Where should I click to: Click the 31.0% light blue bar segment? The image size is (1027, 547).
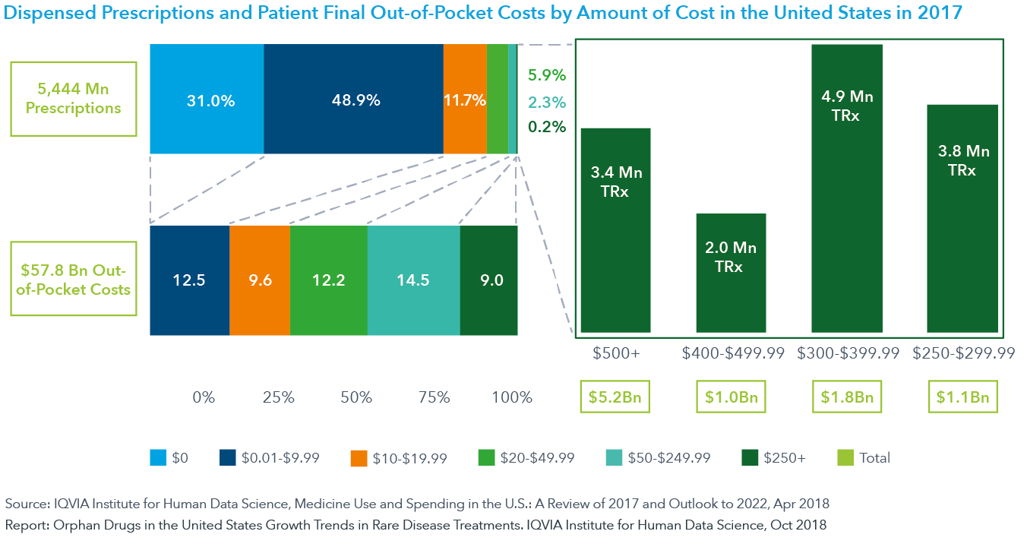pos(207,99)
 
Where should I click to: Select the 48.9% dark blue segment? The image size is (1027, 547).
pos(353,99)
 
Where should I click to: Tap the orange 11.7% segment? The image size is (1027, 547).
pos(465,99)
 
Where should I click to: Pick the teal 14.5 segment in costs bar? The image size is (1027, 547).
pos(413,280)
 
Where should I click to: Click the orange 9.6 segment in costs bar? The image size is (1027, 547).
pos(260,280)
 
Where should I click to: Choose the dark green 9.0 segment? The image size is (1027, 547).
pos(488,280)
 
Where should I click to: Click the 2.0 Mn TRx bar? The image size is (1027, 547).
pos(731,273)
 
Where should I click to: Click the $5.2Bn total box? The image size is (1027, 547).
pos(615,397)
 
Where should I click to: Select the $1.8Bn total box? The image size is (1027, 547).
pos(847,397)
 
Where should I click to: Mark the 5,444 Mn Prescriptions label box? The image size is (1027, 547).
pos(73,99)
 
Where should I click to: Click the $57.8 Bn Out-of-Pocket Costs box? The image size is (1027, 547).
pos(73,279)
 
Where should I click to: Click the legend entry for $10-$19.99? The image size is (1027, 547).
pos(399,458)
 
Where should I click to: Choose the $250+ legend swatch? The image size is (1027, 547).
pos(750,458)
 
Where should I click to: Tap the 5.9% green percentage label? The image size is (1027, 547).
pos(547,76)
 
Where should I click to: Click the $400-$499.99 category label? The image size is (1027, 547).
pos(733,353)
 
